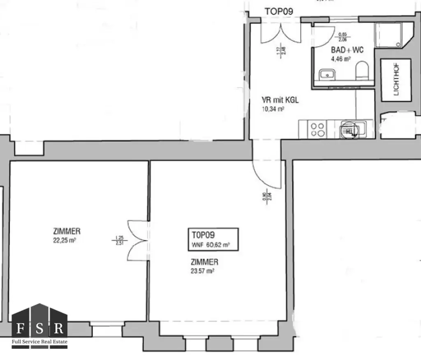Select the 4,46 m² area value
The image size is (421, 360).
click(341, 59)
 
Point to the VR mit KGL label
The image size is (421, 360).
click(277, 100)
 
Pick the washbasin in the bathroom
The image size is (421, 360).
click(328, 74)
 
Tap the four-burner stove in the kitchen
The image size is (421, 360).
click(318, 129)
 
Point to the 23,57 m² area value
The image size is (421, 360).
click(202, 271)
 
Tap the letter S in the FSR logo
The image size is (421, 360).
click(40, 328)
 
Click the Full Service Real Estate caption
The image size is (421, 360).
click(39, 342)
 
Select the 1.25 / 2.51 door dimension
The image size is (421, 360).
click(120, 240)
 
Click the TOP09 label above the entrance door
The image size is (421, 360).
click(279, 11)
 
